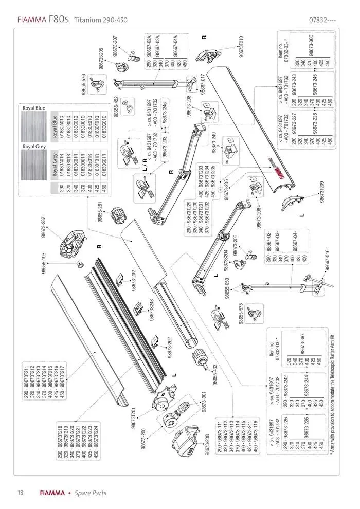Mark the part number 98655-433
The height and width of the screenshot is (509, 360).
tap(215, 373)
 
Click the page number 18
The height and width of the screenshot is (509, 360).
tap(20, 493)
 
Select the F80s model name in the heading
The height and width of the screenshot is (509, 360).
tap(59, 20)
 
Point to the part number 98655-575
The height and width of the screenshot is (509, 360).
tap(240, 313)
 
